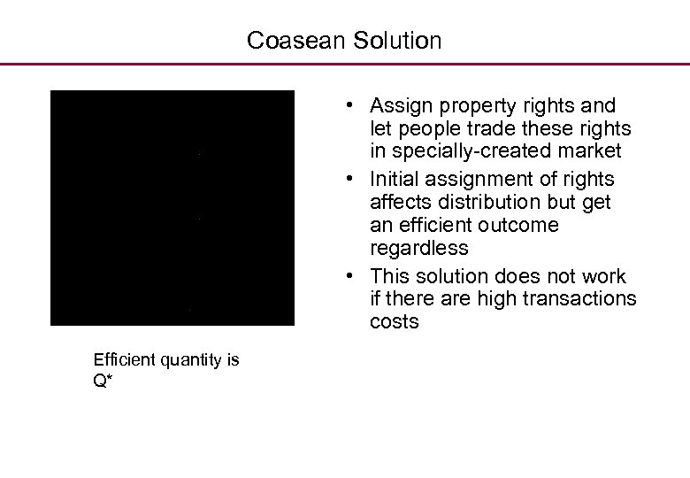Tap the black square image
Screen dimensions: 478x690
(172, 208)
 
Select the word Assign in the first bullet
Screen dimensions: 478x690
(400, 106)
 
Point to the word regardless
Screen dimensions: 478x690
(419, 248)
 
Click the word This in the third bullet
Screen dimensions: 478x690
(390, 276)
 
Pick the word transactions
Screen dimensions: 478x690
(579, 299)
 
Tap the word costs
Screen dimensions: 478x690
(395, 322)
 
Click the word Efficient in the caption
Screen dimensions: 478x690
(124, 359)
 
